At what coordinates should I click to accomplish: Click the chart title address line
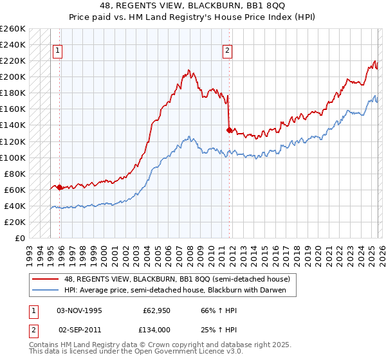(193, 6)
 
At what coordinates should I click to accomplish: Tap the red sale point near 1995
(60, 188)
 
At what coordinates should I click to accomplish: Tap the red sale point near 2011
(229, 130)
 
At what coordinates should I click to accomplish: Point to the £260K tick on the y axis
(13, 29)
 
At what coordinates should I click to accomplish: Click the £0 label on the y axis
(20, 238)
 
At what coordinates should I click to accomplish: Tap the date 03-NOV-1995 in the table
(80, 310)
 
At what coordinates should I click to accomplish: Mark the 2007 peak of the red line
(188, 69)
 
